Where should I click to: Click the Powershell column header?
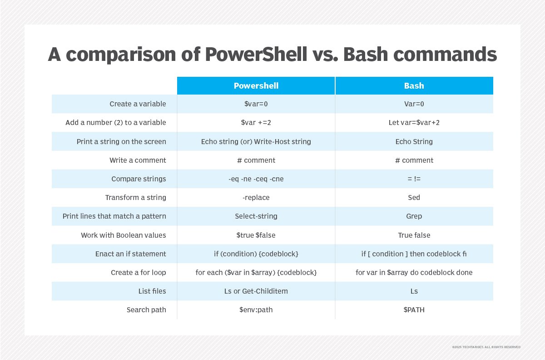256,86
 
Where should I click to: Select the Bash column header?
414,86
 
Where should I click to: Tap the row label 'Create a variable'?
138,104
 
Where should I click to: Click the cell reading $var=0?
256,104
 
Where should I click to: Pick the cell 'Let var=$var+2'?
414,123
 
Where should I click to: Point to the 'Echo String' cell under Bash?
414,141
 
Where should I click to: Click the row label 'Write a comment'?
138,160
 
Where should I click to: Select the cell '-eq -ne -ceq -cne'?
256,179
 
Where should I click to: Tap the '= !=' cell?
414,179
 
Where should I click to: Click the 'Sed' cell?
414,198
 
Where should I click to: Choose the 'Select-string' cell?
256,216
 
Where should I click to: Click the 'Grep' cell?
414,216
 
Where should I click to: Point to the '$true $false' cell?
256,235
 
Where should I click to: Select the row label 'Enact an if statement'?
131,254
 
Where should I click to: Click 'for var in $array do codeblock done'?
414,273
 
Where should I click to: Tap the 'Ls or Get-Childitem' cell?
256,291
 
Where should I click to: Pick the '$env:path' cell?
256,310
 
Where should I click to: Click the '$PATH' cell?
414,310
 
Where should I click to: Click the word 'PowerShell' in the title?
256,54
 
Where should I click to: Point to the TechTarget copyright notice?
486,347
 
